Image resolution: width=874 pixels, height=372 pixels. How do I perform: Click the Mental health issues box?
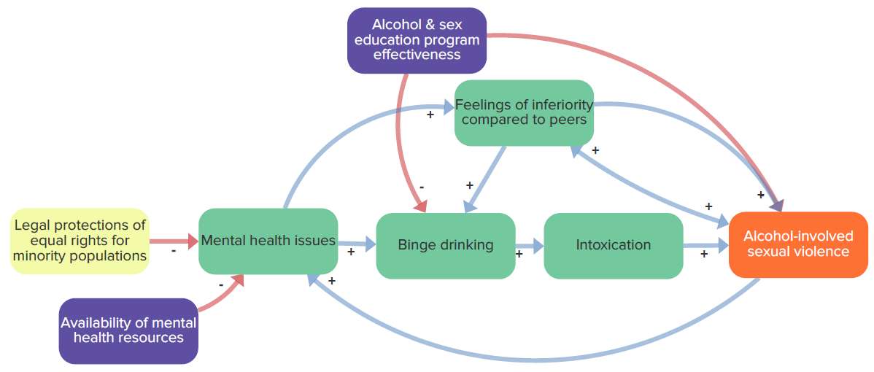pyautogui.click(x=268, y=241)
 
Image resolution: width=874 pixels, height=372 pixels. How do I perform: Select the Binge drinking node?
pyautogui.click(x=445, y=245)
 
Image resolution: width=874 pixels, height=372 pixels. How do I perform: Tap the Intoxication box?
pyautogui.click(x=613, y=245)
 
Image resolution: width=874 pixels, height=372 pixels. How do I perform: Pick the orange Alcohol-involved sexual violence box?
pyautogui.click(x=798, y=244)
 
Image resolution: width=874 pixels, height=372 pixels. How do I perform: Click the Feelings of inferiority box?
pyautogui.click(x=524, y=113)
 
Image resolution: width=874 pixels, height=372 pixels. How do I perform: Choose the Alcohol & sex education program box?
pyautogui.click(x=417, y=40)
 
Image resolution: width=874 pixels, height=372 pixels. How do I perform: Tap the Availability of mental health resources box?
pyautogui.click(x=128, y=331)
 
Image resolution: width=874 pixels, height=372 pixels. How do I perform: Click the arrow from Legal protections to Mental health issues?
pyautogui.click(x=174, y=241)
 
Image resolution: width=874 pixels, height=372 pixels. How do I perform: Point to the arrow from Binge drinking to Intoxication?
pyautogui.click(x=530, y=245)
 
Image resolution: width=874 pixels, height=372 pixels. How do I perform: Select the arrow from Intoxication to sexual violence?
pyautogui.click(x=706, y=245)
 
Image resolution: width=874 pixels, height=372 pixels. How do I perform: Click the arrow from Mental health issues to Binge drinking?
pyautogui.click(x=357, y=244)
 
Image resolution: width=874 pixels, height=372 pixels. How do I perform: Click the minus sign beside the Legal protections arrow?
pyautogui.click(x=174, y=252)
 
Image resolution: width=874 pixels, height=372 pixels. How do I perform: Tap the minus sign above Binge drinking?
pyautogui.click(x=422, y=187)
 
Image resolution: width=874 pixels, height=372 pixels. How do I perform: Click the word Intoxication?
pyautogui.click(x=613, y=244)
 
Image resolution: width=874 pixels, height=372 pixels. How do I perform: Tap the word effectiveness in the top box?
pyautogui.click(x=417, y=55)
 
